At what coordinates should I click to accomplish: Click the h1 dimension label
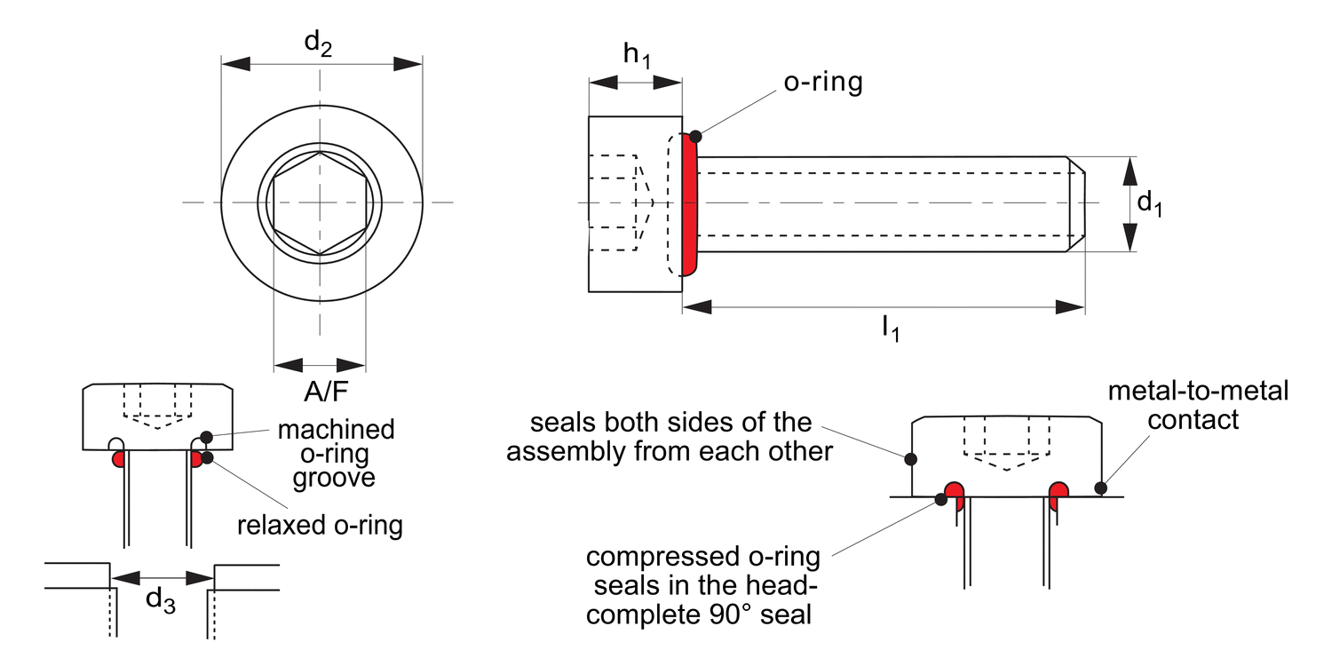636,55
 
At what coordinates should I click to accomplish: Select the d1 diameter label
1150,204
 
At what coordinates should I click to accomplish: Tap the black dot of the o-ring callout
695,136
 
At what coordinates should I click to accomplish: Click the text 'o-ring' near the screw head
822,83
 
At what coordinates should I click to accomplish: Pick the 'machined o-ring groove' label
336,453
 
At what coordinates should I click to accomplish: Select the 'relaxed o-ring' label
320,525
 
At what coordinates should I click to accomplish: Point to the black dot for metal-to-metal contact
1100,488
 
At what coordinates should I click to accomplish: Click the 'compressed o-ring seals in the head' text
702,586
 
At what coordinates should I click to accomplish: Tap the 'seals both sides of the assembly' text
670,436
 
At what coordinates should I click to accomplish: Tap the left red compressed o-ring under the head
955,494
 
